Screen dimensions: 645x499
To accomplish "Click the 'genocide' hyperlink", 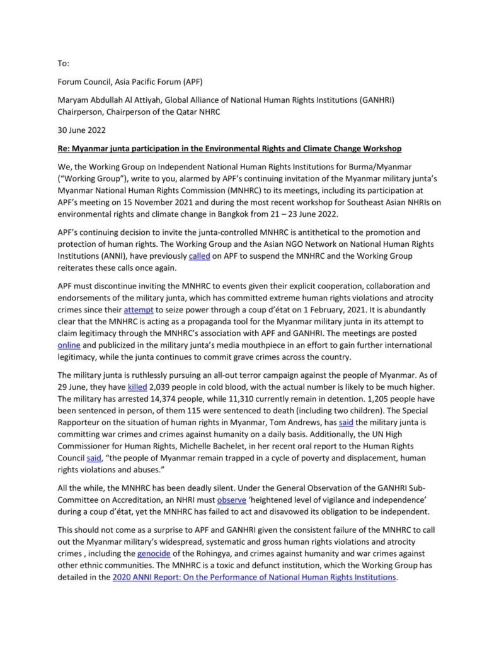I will click(x=154, y=553).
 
